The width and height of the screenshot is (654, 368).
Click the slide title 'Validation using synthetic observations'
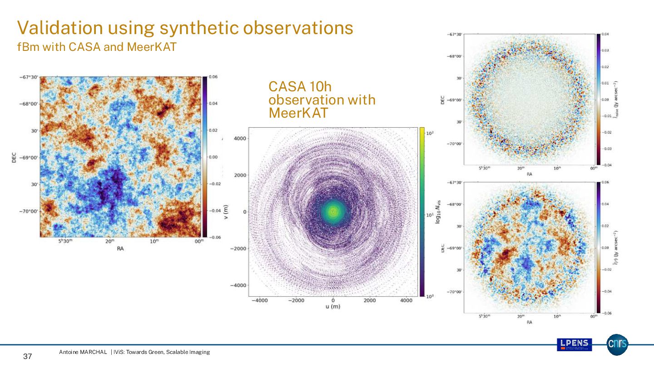tap(185, 28)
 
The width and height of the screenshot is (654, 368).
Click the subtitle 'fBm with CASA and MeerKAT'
tap(96, 47)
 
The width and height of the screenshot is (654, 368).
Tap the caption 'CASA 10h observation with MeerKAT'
tap(322, 99)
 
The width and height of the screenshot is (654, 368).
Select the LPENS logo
tap(574, 345)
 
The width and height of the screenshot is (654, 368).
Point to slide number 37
tap(27, 357)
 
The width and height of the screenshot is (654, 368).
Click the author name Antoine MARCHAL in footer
tap(83, 352)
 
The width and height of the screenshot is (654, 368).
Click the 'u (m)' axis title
tap(333, 307)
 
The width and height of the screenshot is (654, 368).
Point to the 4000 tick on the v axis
tap(241, 138)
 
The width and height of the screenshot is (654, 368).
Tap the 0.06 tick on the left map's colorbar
tap(213, 77)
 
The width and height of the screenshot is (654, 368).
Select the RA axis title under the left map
tap(120, 249)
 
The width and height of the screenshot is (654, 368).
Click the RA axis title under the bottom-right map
tap(529, 322)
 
